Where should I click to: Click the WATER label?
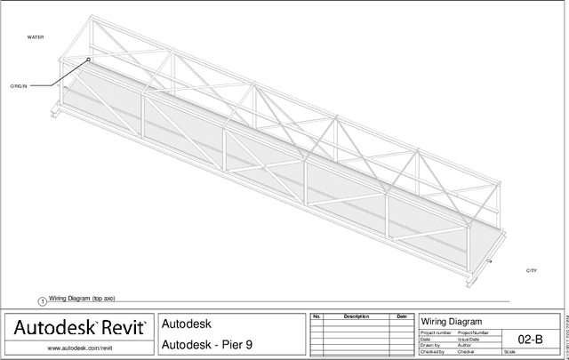(36, 37)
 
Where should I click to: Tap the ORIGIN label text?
(19, 86)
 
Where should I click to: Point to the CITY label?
(532, 270)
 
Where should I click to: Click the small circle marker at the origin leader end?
(88, 60)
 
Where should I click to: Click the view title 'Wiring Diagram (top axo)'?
(82, 299)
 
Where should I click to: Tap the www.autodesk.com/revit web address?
(78, 348)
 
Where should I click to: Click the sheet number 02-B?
(530, 339)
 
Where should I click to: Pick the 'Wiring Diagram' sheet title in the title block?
(451, 321)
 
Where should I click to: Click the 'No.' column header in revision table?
(317, 316)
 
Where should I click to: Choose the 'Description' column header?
(356, 316)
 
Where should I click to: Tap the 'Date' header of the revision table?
(401, 316)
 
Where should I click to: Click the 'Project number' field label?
(437, 332)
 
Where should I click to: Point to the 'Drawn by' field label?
(431, 346)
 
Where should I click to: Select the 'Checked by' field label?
(433, 353)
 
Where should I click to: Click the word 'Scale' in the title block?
(509, 353)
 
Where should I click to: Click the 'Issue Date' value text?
(469, 339)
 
